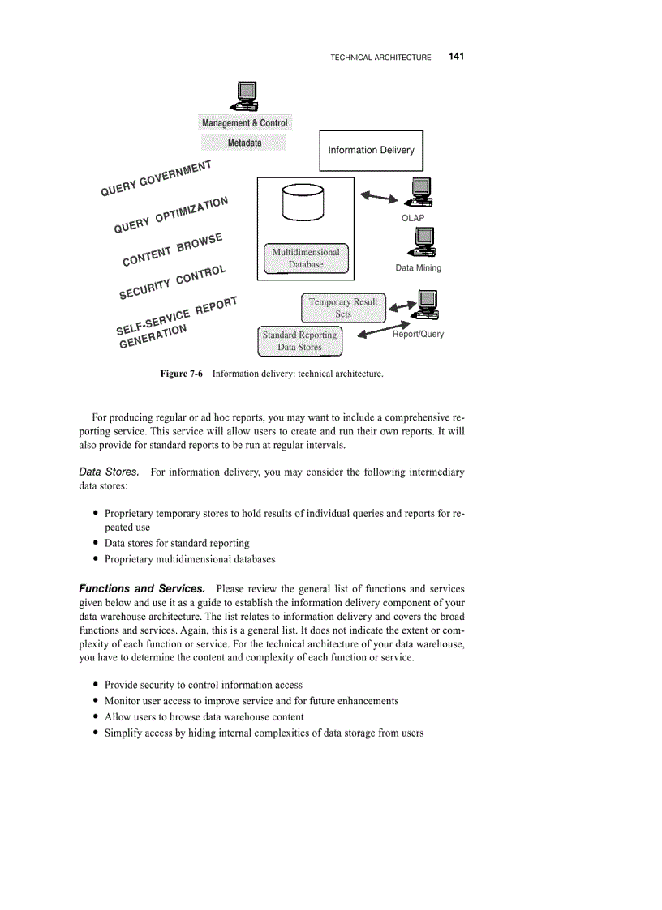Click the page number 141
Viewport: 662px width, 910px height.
[x=455, y=57]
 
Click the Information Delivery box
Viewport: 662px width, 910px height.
[x=371, y=150]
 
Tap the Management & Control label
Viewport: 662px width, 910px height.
[x=244, y=123]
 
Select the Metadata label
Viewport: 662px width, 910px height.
[x=244, y=143]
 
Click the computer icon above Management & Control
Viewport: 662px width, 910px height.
[x=244, y=96]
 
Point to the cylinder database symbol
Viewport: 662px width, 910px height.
[x=303, y=202]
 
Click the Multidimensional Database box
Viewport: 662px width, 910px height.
[x=306, y=258]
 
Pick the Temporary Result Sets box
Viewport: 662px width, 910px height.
[x=343, y=307]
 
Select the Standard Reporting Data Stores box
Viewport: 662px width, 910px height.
[x=299, y=341]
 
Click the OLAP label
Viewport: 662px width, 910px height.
[x=413, y=218]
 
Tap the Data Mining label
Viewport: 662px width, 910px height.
[x=418, y=268]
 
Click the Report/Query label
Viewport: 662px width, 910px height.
[x=418, y=334]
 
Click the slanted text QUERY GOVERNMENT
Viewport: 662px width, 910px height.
[x=156, y=178]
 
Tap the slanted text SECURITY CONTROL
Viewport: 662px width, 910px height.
[x=173, y=282]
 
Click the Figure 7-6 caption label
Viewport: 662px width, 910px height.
[x=181, y=374]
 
